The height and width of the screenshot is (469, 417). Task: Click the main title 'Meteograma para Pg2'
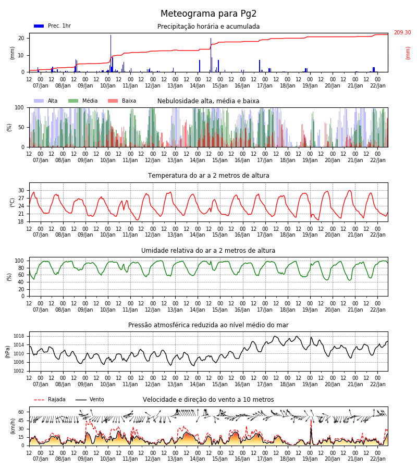(x=208, y=14)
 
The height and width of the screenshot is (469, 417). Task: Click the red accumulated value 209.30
(x=402, y=32)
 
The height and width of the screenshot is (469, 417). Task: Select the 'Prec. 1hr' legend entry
(x=52, y=26)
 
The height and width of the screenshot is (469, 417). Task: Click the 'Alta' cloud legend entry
(x=45, y=101)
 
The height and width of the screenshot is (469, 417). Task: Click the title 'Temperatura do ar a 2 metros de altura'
(x=208, y=176)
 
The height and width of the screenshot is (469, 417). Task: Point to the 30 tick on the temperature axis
(x=21, y=191)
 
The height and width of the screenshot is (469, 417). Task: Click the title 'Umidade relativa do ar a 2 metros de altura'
(x=208, y=250)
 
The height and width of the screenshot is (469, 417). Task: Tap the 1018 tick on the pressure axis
(x=19, y=336)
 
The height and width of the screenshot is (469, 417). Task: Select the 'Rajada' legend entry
(x=50, y=400)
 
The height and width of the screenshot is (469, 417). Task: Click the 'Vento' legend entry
(x=90, y=400)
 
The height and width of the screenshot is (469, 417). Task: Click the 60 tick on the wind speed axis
(x=21, y=412)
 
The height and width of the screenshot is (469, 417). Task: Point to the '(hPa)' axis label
(x=7, y=351)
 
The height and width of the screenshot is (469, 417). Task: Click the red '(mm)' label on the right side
(x=408, y=53)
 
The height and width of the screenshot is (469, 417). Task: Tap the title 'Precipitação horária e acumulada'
(x=208, y=27)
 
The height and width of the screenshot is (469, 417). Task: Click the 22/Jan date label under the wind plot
(x=378, y=459)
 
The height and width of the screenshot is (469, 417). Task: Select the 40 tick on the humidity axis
(x=21, y=282)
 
